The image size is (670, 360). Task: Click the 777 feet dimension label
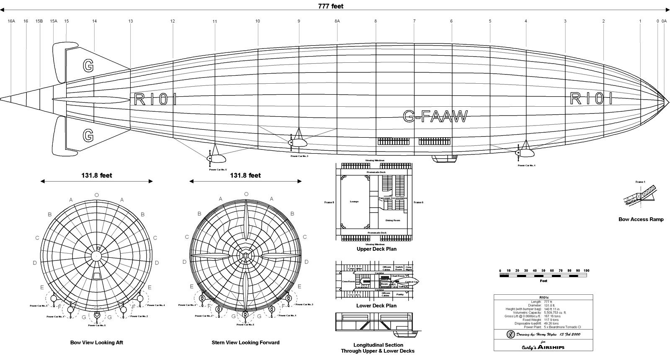pyautogui.click(x=331, y=6)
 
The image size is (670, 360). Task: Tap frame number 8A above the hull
pyautogui.click(x=337, y=21)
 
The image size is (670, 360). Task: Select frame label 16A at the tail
pyautogui.click(x=11, y=21)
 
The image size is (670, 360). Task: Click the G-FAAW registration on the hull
pyautogui.click(x=435, y=116)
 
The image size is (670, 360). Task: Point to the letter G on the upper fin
pyautogui.click(x=88, y=66)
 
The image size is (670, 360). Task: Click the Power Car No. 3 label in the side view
pyautogui.click(x=299, y=156)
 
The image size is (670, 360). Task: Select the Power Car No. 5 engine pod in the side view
pyautogui.click(x=216, y=159)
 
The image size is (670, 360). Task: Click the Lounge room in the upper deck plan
pyautogui.click(x=354, y=202)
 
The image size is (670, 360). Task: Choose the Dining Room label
pyautogui.click(x=392, y=220)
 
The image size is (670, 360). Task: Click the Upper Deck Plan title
pyautogui.click(x=376, y=249)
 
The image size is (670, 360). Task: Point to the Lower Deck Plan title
pyautogui.click(x=376, y=306)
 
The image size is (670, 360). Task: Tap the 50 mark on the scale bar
pyautogui.click(x=543, y=271)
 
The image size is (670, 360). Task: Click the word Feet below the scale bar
pyautogui.click(x=543, y=281)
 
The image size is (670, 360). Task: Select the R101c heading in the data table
pyautogui.click(x=543, y=297)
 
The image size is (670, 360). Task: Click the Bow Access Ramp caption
pyautogui.click(x=641, y=219)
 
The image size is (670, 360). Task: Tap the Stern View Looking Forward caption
pyautogui.click(x=245, y=342)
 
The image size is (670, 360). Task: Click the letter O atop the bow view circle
pyautogui.click(x=97, y=195)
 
